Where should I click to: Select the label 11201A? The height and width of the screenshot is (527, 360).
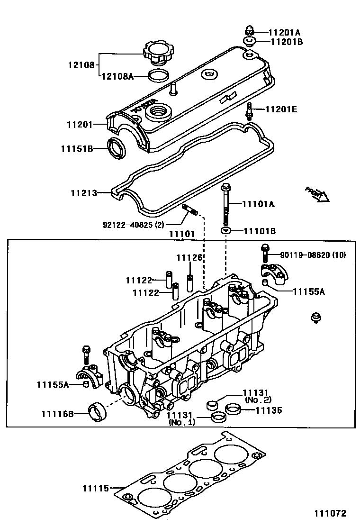284,33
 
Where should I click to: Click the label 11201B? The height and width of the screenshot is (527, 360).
286,42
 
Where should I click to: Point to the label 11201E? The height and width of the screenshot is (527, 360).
281,109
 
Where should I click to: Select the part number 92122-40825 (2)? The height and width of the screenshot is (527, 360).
134,224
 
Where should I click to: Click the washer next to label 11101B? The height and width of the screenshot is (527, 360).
225,231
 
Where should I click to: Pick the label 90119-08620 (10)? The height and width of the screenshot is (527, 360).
313,255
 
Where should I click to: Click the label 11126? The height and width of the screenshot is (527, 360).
189,258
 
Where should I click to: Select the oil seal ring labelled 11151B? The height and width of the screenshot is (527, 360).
116,148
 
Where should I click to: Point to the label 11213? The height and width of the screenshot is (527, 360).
84,193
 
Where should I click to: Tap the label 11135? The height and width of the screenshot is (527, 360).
269,410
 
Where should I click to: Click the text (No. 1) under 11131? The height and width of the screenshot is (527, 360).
182,423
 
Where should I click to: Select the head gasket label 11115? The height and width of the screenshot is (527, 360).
96,488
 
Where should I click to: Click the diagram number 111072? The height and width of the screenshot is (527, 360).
329,513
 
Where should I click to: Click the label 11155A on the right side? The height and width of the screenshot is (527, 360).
308,291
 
